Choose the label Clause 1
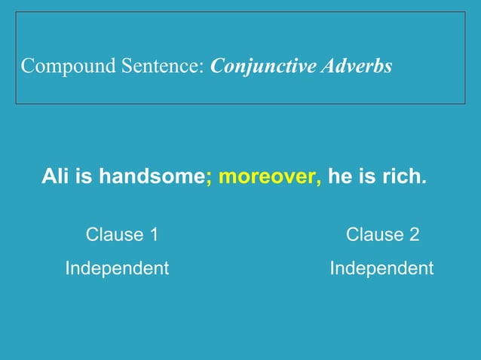click(x=122, y=234)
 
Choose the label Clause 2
click(x=382, y=234)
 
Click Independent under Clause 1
click(x=117, y=268)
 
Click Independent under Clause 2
click(x=381, y=268)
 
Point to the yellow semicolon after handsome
click(x=209, y=179)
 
